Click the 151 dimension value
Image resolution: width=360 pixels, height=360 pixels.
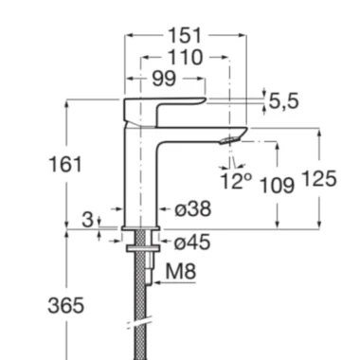click(185, 35)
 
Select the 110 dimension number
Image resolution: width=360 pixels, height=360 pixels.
click(185, 57)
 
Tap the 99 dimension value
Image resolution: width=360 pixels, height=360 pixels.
click(164, 79)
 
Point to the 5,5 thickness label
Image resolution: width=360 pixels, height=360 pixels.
click(283, 101)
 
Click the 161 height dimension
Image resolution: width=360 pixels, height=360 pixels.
click(65, 165)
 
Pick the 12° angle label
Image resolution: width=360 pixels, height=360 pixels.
click(236, 181)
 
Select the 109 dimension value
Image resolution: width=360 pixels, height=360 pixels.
click(277, 185)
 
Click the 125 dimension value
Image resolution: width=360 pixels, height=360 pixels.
click(319, 179)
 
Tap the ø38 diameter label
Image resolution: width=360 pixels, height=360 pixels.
click(192, 209)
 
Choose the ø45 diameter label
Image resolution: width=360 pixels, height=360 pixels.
click(192, 243)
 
